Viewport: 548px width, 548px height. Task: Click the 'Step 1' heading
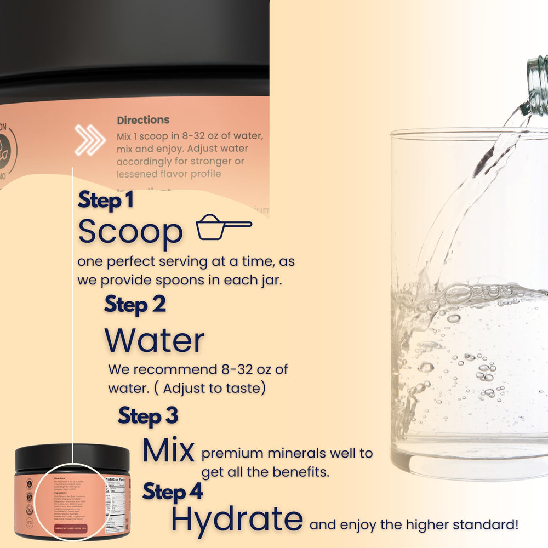(106, 201)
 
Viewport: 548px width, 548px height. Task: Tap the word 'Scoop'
(130, 232)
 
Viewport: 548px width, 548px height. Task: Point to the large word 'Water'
(155, 340)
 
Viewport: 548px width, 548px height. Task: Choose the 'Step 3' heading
(148, 416)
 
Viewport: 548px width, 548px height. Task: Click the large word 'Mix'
(168, 451)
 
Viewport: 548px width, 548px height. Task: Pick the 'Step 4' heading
(173, 492)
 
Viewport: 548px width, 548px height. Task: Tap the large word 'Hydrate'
(237, 520)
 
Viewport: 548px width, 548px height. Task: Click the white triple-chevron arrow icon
(90, 141)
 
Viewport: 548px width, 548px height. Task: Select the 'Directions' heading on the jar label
(143, 120)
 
